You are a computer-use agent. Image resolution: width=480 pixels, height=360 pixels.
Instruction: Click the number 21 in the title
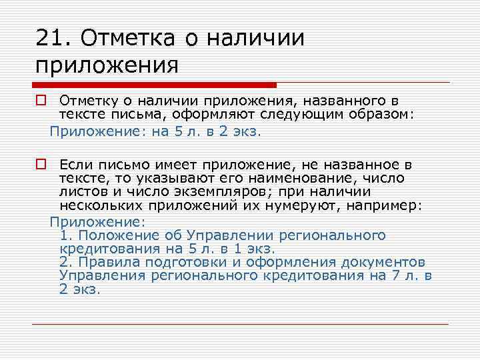[x=49, y=38]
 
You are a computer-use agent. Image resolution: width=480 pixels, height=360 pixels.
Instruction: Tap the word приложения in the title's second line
[x=107, y=65]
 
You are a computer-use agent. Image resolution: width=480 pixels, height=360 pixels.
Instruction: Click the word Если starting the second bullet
[x=73, y=163]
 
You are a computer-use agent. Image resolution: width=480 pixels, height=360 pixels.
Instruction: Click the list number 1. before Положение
[x=64, y=235]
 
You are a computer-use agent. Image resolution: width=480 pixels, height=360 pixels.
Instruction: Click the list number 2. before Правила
[x=64, y=261]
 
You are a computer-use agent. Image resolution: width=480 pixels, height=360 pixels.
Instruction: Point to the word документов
[x=389, y=261]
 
